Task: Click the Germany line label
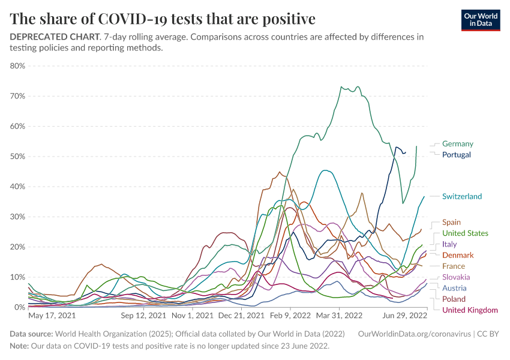pyautogui.click(x=457, y=144)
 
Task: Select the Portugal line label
pyautogui.click(x=456, y=155)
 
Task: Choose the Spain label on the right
pyautogui.click(x=451, y=223)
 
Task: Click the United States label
pyautogui.click(x=465, y=233)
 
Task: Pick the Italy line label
pyautogui.click(x=449, y=244)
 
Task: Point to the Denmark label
pyautogui.click(x=458, y=255)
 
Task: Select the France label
pyautogui.click(x=454, y=266)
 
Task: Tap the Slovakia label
pyautogui.click(x=457, y=277)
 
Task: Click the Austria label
pyautogui.click(x=454, y=288)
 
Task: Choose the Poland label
pyautogui.click(x=454, y=299)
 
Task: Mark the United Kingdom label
pyautogui.click(x=470, y=310)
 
